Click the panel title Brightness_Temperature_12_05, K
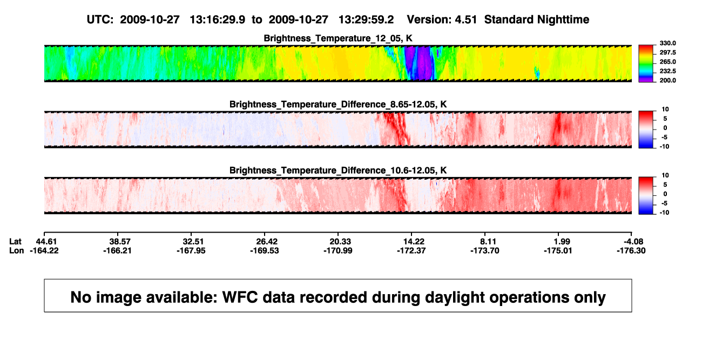338,38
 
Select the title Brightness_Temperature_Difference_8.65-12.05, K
338,104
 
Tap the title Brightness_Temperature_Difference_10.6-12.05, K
338,171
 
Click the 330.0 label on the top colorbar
667,43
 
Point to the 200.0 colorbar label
667,80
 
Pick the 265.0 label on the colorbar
667,62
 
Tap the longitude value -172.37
411,250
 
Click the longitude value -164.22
44,250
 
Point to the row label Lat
15,242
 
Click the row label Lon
16,250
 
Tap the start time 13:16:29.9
218,20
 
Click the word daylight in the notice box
453,297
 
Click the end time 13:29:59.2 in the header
366,20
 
